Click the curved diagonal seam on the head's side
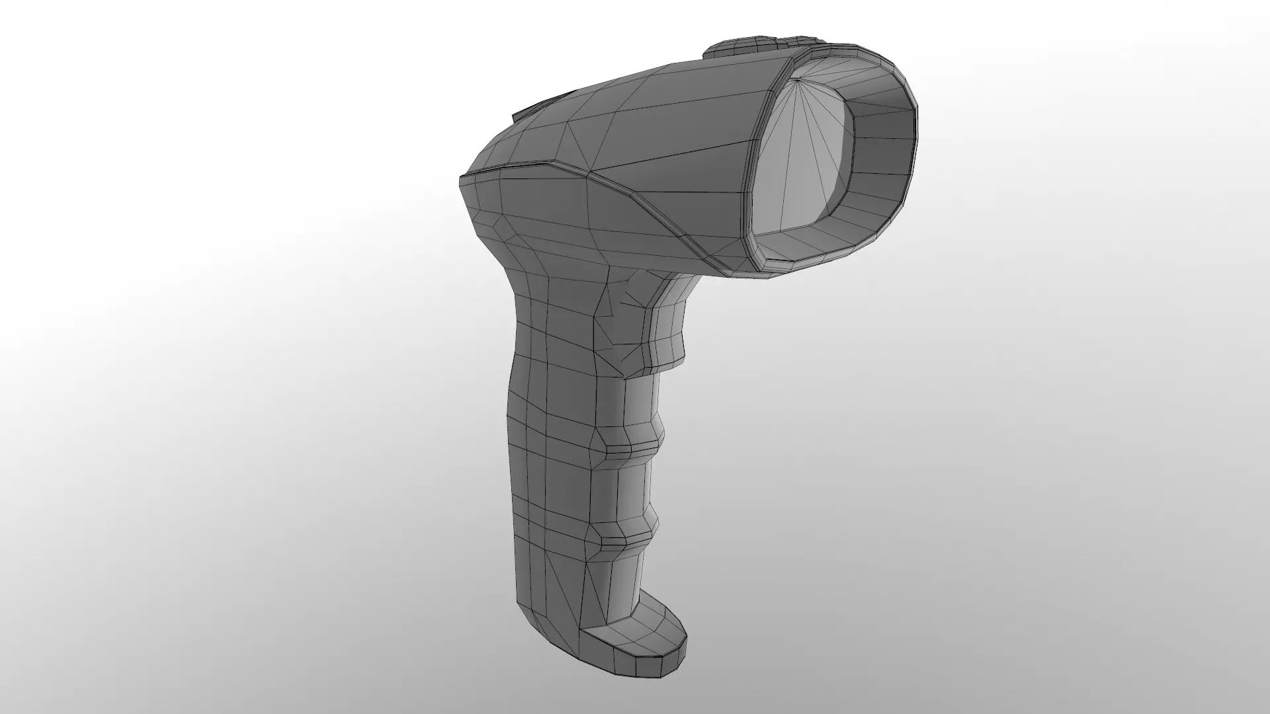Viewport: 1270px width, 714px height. pyautogui.click(x=635, y=205)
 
